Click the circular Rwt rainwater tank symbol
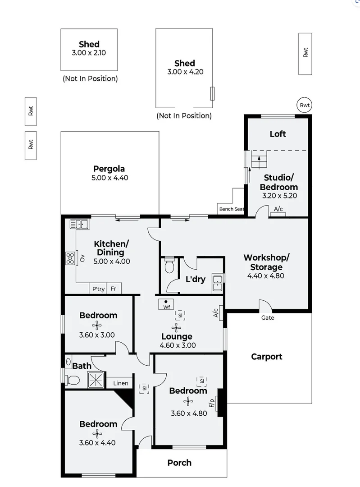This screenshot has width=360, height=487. click(305, 105)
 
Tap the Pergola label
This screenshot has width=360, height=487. click(109, 169)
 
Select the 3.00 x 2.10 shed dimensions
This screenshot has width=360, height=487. click(89, 52)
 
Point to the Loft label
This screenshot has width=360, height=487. click(278, 134)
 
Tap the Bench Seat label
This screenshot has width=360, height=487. click(231, 209)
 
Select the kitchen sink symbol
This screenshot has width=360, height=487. click(78, 224)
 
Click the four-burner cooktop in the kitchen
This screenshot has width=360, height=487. click(71, 258)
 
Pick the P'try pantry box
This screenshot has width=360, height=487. click(98, 289)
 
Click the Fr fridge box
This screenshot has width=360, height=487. click(114, 289)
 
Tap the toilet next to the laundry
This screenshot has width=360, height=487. click(169, 266)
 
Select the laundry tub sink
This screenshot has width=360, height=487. click(218, 283)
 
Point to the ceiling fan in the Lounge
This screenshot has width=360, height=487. click(176, 327)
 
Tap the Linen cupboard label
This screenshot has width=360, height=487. click(120, 383)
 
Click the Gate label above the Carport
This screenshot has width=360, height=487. click(268, 317)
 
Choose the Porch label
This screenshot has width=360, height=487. click(179, 463)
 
